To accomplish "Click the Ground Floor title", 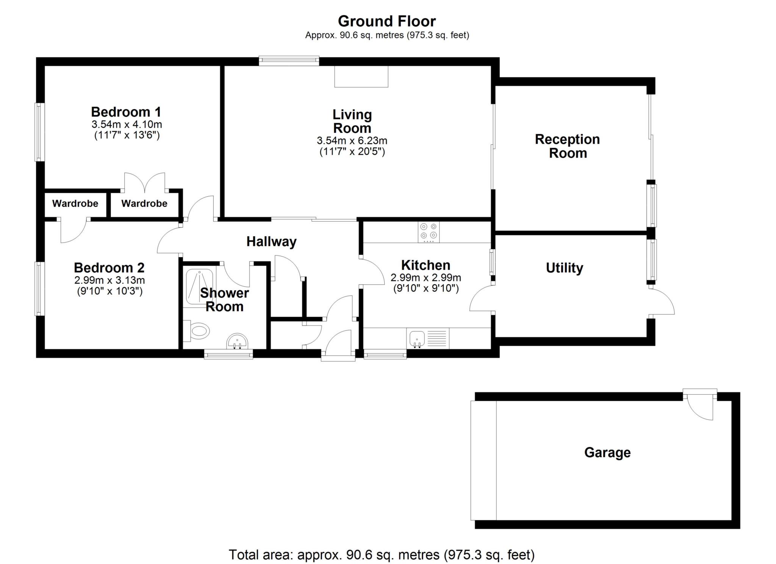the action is tap(386, 21).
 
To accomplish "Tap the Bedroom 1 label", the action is tap(126, 112).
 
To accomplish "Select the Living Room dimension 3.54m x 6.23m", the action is tap(352, 141).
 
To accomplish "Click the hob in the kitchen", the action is tap(429, 232).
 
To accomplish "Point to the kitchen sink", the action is tap(417, 338).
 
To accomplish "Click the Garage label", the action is tap(607, 453).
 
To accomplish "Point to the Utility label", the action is tap(564, 268).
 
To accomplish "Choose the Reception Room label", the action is tap(567, 146).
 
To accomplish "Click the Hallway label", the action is tap(271, 242).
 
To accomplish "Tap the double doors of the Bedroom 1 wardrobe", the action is tap(145, 183).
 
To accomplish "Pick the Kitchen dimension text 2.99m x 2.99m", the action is tap(426, 278).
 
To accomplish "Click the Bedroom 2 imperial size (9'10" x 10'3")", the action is tap(110, 291).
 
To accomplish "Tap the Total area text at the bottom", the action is tap(382, 555).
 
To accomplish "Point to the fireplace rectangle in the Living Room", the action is tap(361, 77).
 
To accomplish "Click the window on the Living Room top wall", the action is tap(289, 61).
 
